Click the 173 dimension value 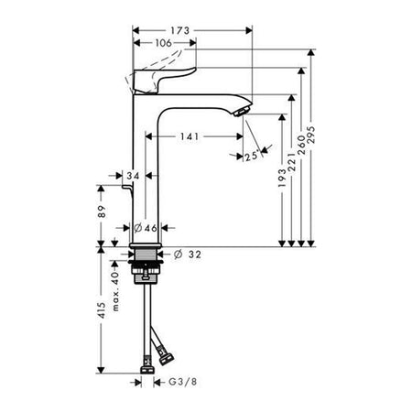(x=180, y=30)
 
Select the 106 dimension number (x=163, y=43)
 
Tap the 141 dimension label (x=190, y=136)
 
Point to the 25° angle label (x=253, y=157)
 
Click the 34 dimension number (x=133, y=176)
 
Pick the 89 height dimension (x=103, y=211)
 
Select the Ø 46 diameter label (x=146, y=228)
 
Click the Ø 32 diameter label (x=188, y=255)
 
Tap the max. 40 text (x=115, y=291)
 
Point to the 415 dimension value (x=102, y=310)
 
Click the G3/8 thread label (x=183, y=382)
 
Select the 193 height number (x=283, y=178)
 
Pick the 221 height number (x=292, y=162)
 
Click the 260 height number (x=301, y=145)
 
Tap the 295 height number (x=311, y=135)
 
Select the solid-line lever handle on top (x=163, y=80)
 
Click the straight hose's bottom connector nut (x=147, y=370)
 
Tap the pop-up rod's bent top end (x=126, y=186)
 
